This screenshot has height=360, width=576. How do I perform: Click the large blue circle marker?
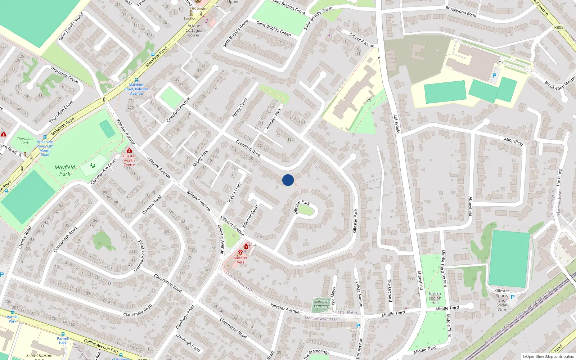[288, 180]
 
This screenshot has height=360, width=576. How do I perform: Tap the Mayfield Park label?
[65, 170]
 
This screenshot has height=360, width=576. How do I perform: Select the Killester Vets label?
[240, 260]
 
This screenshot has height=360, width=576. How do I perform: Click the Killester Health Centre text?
[129, 161]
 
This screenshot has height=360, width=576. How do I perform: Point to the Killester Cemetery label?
[321, 304]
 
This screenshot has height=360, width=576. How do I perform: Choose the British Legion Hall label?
[435, 298]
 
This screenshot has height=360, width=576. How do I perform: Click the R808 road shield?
[559, 27]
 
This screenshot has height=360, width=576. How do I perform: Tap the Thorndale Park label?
[25, 141]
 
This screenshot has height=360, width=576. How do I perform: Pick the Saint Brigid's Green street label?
[274, 28]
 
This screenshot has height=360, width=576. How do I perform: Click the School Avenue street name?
[362, 40]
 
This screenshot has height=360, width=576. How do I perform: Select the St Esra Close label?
[234, 193]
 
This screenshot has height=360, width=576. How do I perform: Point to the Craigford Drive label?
[248, 148]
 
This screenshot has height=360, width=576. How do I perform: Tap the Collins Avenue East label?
[101, 346]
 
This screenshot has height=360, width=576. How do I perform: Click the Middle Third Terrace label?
[444, 268]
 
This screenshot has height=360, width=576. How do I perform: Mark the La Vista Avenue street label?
[358, 293]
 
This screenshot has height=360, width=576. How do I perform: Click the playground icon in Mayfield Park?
[93, 166]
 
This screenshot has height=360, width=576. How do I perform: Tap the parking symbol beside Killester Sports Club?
[513, 297]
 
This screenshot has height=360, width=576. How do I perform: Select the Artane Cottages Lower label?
[194, 31]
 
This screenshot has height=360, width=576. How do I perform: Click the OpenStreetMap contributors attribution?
[548, 357]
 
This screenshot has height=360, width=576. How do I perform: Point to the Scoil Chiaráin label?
[39, 356]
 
